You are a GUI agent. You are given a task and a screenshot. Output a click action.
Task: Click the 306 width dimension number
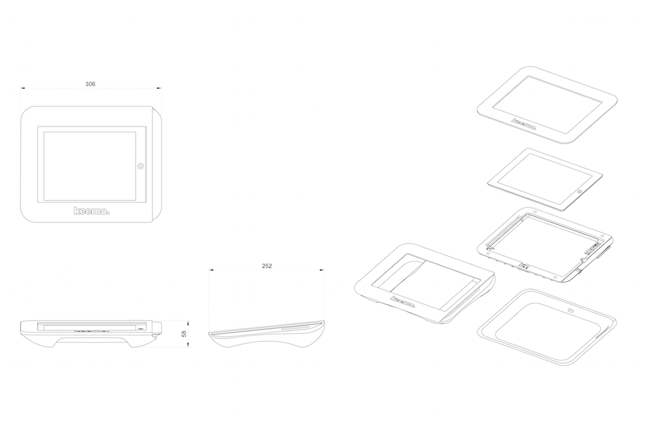91,84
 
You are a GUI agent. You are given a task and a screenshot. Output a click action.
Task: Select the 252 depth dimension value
266,266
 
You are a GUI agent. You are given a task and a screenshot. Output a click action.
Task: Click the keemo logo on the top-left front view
91,211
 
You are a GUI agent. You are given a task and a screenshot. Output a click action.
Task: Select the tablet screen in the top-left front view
90,166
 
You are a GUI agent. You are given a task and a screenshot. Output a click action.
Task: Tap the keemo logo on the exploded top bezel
524,125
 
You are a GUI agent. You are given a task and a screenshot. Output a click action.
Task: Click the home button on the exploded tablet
580,191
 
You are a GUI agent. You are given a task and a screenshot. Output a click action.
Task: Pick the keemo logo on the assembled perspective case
402,302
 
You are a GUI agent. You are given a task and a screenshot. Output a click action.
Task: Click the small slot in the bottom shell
571,310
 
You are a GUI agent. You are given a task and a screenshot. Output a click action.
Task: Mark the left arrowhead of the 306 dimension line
22,88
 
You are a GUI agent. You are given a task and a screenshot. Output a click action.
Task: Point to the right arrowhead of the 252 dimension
322,269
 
